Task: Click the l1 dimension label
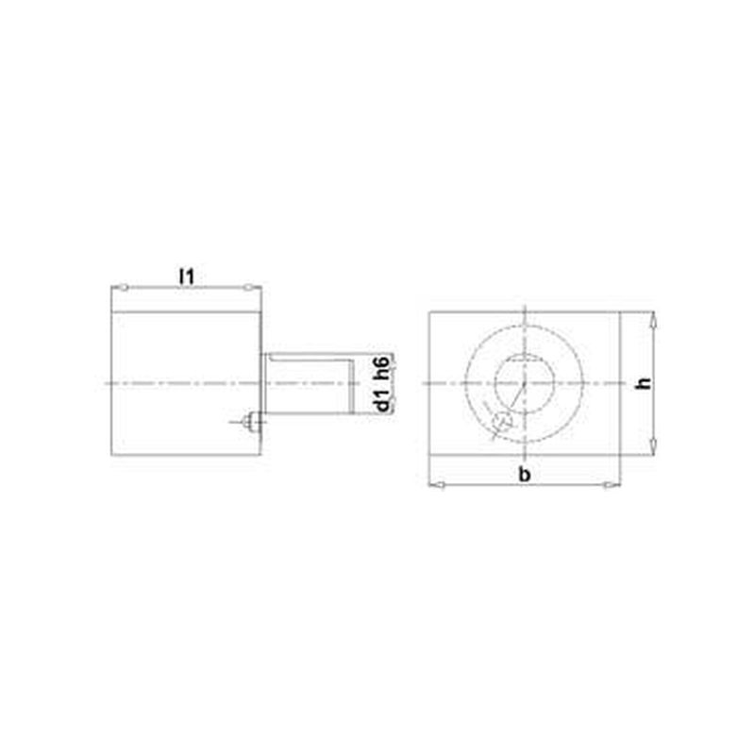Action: (186, 277)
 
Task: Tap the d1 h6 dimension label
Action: (383, 384)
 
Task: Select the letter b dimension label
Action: (525, 475)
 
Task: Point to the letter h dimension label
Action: (644, 384)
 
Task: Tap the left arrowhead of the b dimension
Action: (437, 485)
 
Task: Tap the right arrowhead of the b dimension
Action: (612, 485)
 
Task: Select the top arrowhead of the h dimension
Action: (652, 320)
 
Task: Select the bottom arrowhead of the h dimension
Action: (652, 446)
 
